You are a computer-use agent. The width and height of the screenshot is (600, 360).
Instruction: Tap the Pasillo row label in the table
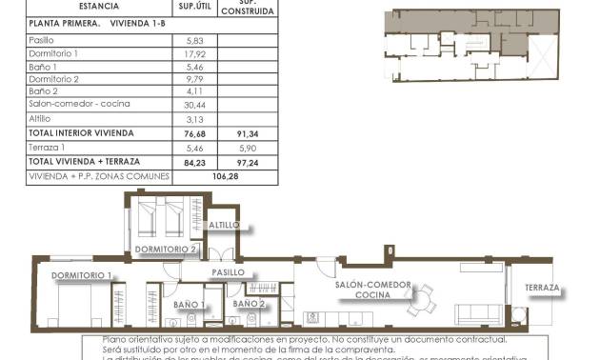[x=42, y=40]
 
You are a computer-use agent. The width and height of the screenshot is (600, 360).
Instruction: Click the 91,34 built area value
[x=247, y=134]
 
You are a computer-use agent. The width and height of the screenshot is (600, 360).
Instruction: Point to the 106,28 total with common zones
[x=225, y=176]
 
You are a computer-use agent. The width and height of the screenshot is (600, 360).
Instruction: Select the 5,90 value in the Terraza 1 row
[x=247, y=149]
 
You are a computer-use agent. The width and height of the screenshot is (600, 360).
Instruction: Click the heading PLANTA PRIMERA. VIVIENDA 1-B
[x=85, y=23]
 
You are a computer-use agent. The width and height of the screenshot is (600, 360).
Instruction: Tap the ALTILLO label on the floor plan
[x=226, y=226]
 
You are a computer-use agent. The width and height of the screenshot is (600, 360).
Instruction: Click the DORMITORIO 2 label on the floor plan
[x=166, y=250]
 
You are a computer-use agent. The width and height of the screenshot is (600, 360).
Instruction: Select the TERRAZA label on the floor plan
[x=541, y=288]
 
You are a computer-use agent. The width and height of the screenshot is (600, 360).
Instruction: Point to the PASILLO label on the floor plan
[x=229, y=272]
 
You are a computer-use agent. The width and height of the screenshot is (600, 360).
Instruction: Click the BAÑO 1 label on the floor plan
[x=190, y=305]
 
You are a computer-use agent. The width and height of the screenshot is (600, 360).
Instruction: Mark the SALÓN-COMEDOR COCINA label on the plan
[x=372, y=290]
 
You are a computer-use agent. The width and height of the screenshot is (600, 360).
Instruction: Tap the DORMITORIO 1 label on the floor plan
[x=82, y=276]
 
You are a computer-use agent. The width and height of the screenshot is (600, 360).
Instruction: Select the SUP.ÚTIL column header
[x=193, y=6]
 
